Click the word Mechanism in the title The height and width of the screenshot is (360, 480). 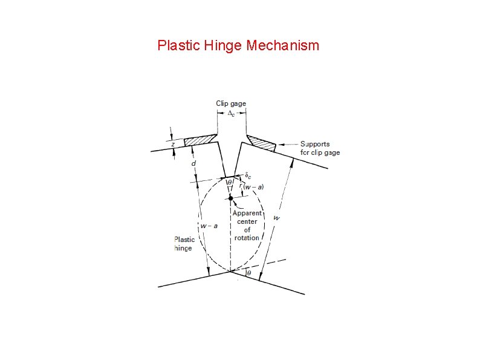tap(283, 45)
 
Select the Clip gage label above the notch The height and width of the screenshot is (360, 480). tap(231, 103)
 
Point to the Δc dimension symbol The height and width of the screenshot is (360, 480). tap(231, 114)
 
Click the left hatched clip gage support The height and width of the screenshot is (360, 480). tap(199, 140)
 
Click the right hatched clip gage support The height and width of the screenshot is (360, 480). tap(261, 143)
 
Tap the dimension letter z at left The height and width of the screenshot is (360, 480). tap(173, 145)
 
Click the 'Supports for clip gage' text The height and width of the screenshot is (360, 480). tap(319, 148)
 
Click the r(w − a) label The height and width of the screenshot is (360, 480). tap(251, 186)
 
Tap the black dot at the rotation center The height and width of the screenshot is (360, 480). tap(230, 198)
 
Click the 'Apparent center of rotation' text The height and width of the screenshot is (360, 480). tap(247, 225)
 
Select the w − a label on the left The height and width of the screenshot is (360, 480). tap(209, 226)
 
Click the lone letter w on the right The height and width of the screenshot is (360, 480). tap(276, 217)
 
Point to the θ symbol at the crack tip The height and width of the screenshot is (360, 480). tap(229, 182)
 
